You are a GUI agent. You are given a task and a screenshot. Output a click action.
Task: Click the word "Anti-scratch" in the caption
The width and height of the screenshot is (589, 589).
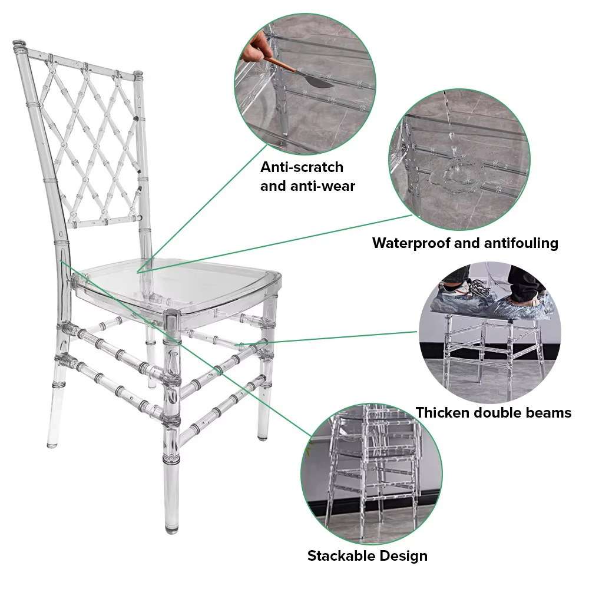pyautogui.click(x=302, y=167)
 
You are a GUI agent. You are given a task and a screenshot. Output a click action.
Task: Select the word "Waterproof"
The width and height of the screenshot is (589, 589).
pyautogui.click(x=411, y=243)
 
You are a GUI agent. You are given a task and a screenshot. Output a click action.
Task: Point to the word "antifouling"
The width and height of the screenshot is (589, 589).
pyautogui.click(x=521, y=243)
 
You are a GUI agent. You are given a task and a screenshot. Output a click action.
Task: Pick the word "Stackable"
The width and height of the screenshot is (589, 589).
pyautogui.click(x=340, y=555)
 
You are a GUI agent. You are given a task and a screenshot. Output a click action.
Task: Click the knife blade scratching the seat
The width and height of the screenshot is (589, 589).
pyautogui.click(x=319, y=82)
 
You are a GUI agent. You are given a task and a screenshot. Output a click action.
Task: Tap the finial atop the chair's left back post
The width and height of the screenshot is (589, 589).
pyautogui.click(x=21, y=46)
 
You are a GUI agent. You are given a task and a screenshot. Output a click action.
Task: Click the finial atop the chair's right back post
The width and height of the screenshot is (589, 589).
pyautogui.click(x=138, y=75)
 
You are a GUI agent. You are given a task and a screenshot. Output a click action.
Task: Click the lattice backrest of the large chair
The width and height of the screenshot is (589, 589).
pyautogui.click(x=90, y=143)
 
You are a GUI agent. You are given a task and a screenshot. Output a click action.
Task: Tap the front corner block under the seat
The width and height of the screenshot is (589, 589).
pyautogui.click(x=173, y=322)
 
